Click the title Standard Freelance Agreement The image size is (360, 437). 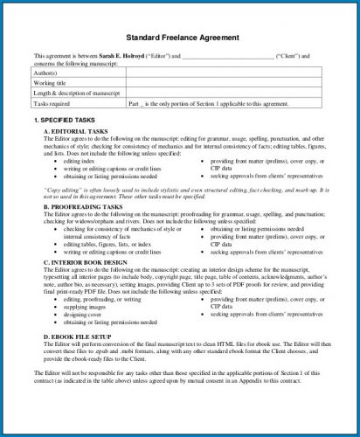[x=182, y=38]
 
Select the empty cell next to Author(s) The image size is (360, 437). [x=223, y=73]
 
